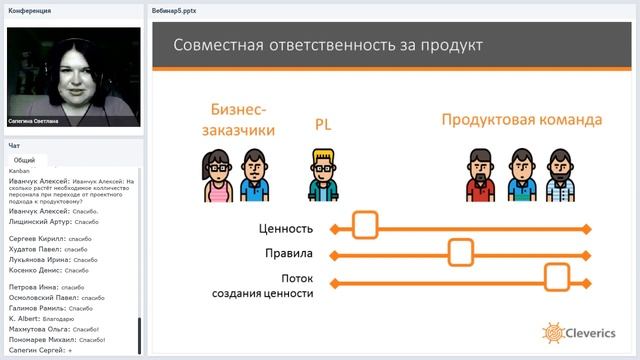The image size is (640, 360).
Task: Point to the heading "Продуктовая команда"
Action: pyautogui.click(x=522, y=120)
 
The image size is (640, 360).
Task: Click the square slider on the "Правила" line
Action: pyautogui.click(x=460, y=253)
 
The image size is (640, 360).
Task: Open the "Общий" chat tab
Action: pyautogui.click(x=25, y=160)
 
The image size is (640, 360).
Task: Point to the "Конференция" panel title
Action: pyautogui.click(x=29, y=11)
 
